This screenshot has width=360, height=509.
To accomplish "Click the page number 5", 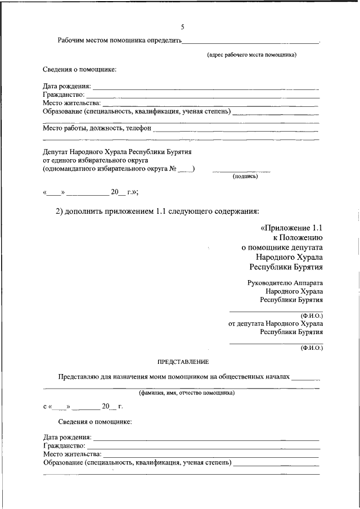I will (182, 27).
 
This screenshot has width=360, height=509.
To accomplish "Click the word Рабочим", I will (71, 40).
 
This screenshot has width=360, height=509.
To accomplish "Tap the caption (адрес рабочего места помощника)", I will (251, 55).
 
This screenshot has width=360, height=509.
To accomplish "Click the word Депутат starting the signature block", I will (57, 152).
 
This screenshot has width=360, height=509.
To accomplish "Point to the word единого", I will (62, 160).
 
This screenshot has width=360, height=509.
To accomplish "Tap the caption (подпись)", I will (245, 176).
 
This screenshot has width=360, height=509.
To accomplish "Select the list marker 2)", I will (59, 211).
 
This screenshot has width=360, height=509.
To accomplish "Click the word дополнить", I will (85, 211).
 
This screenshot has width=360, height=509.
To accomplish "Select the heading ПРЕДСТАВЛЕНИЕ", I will (183, 362).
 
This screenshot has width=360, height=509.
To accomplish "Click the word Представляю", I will (78, 377).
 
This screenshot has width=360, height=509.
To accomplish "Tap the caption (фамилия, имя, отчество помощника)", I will (187, 393).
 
